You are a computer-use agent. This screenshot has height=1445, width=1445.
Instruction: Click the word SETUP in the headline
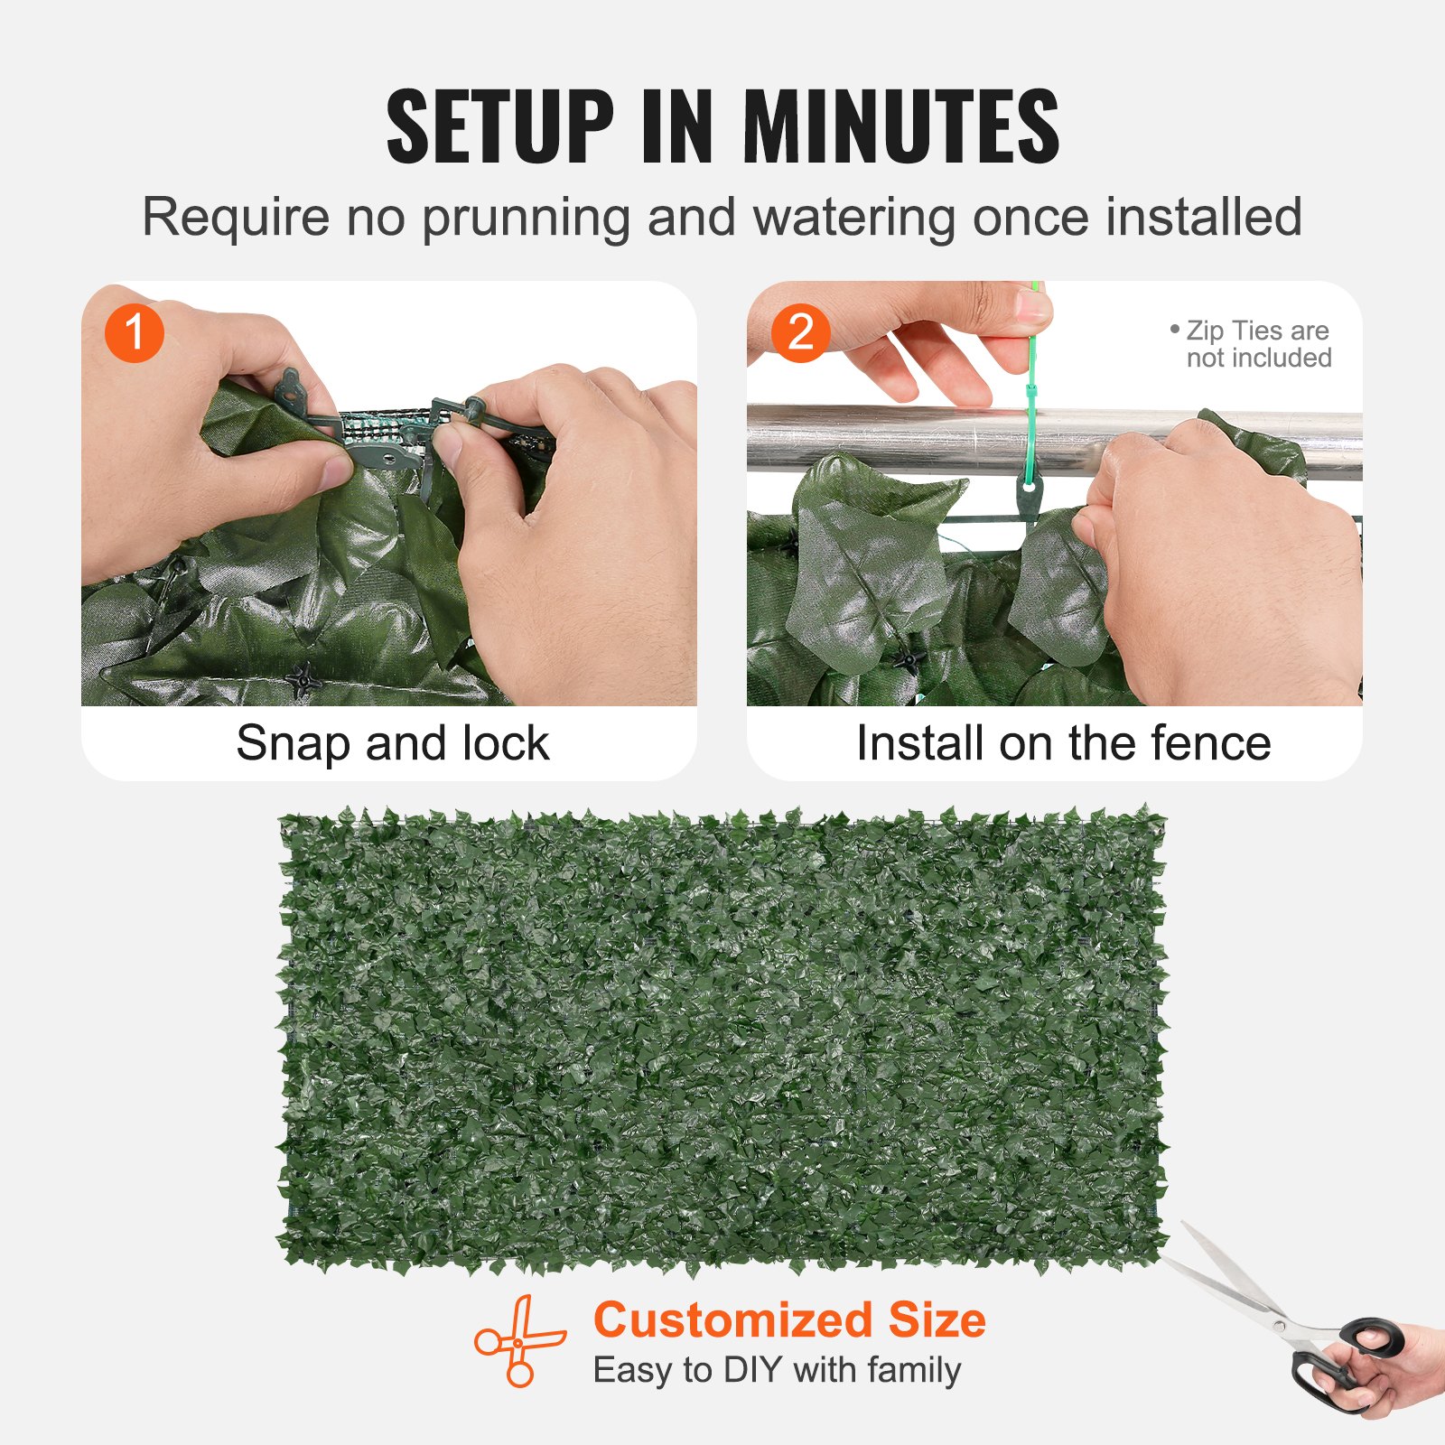click(499, 126)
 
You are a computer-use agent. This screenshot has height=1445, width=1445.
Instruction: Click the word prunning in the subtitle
click(525, 218)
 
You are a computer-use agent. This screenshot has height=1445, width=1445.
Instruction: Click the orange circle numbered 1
click(134, 333)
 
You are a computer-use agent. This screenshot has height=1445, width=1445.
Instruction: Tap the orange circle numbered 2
click(800, 333)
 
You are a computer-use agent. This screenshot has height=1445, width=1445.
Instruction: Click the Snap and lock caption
click(392, 743)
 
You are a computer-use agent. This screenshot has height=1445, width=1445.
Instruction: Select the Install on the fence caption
click(1063, 743)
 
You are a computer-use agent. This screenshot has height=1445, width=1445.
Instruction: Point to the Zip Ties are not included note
click(1256, 344)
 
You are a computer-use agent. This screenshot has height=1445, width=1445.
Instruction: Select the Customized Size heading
click(789, 1319)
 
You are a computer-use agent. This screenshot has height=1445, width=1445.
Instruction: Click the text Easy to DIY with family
click(777, 1370)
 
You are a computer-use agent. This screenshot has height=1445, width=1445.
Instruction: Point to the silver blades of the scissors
click(1237, 1282)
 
